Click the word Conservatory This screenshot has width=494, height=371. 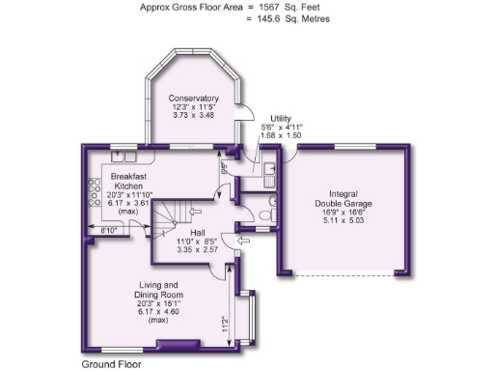tap(193, 98)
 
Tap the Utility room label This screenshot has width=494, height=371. tap(281, 117)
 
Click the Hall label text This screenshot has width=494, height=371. tap(197, 232)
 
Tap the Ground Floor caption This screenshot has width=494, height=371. tap(111, 365)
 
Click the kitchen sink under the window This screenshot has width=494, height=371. tap(126, 156)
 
